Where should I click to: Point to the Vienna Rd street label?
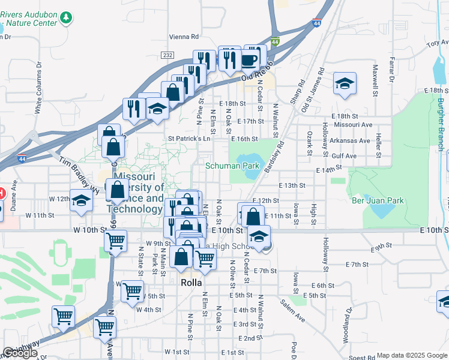click(x=184, y=36)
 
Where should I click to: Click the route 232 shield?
click(x=167, y=55)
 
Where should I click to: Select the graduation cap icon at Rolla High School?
click(x=259, y=236)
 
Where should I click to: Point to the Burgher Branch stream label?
click(x=441, y=120)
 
